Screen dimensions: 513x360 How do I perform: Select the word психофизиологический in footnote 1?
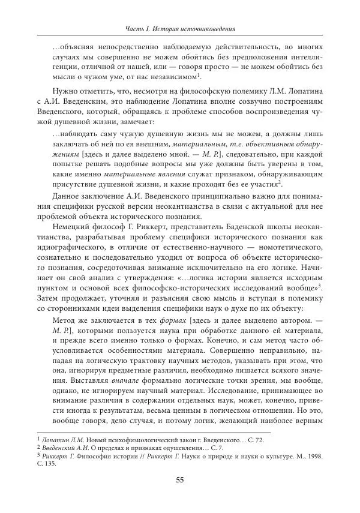pyautogui.click(x=130, y=441)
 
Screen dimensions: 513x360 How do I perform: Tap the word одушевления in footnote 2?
pyautogui.click(x=170, y=449)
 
